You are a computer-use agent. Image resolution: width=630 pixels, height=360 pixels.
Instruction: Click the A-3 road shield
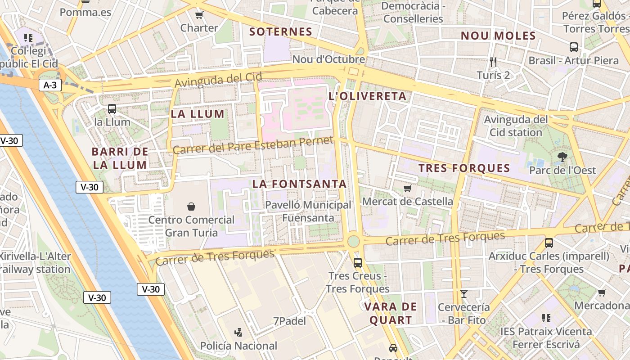[x=50, y=85]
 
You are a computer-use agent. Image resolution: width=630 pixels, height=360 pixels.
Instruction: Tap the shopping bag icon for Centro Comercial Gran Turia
[x=191, y=207]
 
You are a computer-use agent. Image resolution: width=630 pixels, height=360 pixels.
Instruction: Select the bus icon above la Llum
[x=112, y=109]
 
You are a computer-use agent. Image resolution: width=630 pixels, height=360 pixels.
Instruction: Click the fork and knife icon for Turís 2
[x=493, y=62]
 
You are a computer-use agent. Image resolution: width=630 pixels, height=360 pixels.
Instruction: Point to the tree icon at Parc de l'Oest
[x=562, y=157]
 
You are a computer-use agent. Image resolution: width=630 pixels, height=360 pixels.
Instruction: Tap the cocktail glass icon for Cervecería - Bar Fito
[x=464, y=294]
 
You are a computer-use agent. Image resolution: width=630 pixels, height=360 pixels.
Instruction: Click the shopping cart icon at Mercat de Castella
[x=407, y=188]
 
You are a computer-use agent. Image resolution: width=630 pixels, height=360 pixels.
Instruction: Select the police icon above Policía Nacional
[x=238, y=333]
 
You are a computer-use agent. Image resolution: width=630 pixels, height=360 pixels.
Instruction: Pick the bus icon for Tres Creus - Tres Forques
[x=358, y=263]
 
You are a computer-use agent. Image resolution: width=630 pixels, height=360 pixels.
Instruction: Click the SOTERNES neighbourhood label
[x=280, y=32]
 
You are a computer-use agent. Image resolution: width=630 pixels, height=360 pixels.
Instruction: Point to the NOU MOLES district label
[x=498, y=36]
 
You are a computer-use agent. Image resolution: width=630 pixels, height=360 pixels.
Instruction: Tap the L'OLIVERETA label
[x=368, y=96]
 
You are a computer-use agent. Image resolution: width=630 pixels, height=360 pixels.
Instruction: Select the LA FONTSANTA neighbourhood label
[x=299, y=184]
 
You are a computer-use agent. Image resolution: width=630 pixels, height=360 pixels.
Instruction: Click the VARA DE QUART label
[x=388, y=314]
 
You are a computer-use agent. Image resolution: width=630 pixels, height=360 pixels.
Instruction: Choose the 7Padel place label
[x=289, y=321]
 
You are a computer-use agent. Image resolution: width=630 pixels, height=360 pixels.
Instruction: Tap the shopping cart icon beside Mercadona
[x=602, y=292]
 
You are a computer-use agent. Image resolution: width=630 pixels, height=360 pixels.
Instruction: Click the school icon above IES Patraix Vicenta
[x=546, y=318]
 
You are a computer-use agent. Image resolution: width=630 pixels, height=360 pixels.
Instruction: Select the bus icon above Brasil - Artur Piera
[x=574, y=47]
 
